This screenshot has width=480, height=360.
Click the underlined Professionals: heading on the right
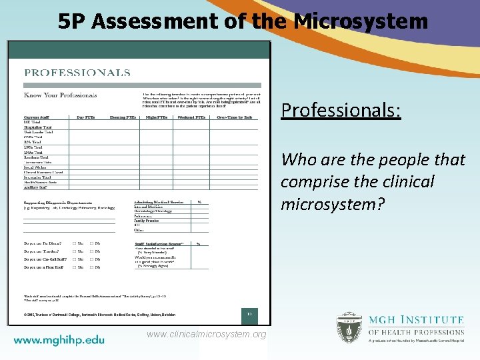pos(341,109)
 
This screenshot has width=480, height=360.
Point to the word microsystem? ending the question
pos(333,203)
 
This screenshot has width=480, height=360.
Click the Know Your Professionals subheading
pos(61,95)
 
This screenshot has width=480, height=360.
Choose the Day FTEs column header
pos(86,117)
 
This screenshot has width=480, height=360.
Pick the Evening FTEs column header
pos(123,117)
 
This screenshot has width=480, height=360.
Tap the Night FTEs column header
pos(157,117)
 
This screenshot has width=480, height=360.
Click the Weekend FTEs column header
pos(191,117)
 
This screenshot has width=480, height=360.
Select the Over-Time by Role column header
pos(235,117)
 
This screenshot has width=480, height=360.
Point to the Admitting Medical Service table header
pos(159,201)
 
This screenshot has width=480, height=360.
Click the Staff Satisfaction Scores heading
pos(159,244)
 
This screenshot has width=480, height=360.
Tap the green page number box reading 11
pos(248,313)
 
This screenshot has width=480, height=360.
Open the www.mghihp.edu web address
pos(59,340)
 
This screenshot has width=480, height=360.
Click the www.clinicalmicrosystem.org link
pos(207,334)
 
